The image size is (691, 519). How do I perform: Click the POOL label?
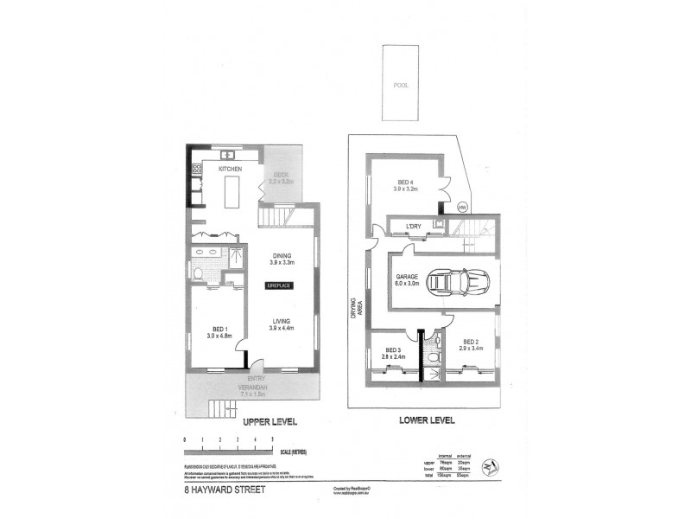[399, 86]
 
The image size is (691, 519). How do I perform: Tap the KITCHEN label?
[230, 169]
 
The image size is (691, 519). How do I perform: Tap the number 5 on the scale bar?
[273, 442]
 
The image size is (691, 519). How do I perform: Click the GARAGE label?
[408, 277]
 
